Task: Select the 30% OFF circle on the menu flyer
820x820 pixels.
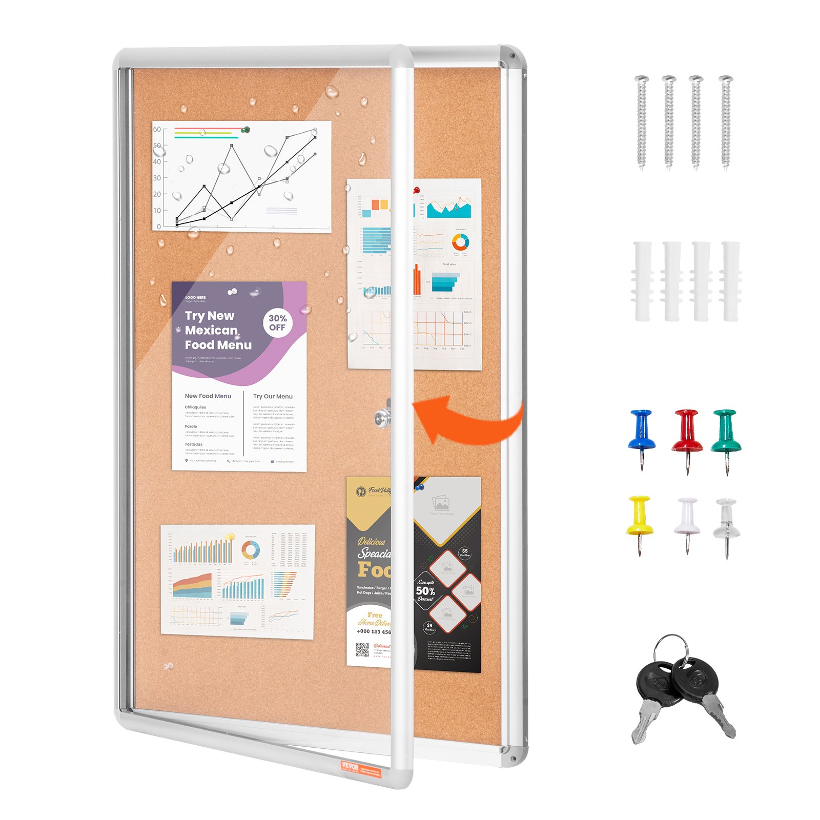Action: (277, 322)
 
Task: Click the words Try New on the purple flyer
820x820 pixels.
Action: (209, 316)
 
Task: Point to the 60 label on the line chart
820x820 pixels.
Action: (157, 129)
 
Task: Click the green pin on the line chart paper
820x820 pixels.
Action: (247, 130)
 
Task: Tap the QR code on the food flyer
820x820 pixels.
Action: (362, 650)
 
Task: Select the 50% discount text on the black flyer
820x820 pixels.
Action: (425, 590)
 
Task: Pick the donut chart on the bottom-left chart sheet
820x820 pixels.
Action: (250, 550)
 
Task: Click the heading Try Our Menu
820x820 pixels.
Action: (273, 396)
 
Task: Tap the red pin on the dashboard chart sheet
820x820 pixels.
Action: (417, 190)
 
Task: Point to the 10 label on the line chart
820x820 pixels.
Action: (157, 210)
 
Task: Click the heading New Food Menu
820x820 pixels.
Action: (208, 396)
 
